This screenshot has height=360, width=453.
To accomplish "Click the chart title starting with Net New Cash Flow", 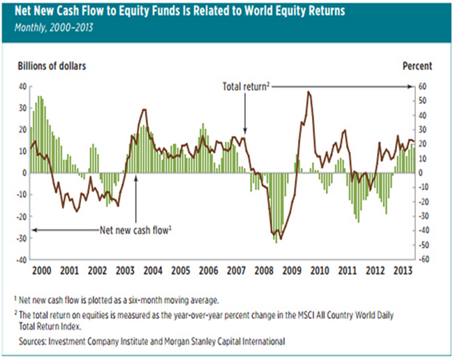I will pyautogui.click(x=179, y=12).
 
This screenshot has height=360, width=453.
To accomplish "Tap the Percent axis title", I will pyautogui.click(x=417, y=66).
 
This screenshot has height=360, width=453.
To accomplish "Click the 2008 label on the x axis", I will pyautogui.click(x=263, y=271).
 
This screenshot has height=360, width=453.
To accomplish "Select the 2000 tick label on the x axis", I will pyautogui.click(x=43, y=271).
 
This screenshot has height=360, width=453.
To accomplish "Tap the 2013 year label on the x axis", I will pyautogui.click(x=402, y=271).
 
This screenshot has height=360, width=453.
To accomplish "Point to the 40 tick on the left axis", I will pyautogui.click(x=22, y=87).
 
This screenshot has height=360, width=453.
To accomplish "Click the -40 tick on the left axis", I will pyautogui.click(x=20, y=259).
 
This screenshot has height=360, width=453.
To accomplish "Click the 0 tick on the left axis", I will pyautogui.click(x=24, y=172).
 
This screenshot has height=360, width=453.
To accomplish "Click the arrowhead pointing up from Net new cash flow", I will pyautogui.click(x=135, y=177).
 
